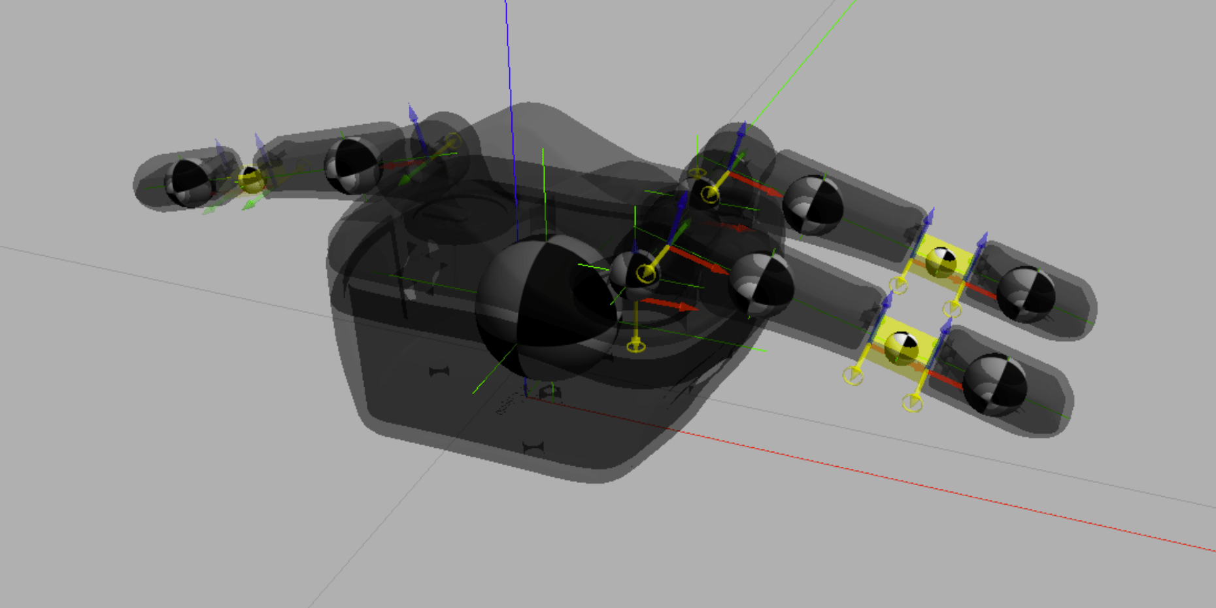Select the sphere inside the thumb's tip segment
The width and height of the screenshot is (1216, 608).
188,184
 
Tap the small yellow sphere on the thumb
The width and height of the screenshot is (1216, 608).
251,179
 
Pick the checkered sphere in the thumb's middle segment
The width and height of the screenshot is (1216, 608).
352,165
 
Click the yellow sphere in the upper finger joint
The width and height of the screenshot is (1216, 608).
941,261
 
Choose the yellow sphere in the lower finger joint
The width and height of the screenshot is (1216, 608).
902,347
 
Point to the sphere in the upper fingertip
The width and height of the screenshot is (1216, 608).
1025,294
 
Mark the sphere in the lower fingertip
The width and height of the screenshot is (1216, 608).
994,384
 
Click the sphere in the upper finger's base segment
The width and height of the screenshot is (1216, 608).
813,205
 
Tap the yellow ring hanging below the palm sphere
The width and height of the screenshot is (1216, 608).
635,346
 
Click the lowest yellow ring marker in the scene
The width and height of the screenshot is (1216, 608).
912,403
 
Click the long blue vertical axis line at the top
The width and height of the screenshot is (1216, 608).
509,65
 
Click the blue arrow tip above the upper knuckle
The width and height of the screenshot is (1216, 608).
741,131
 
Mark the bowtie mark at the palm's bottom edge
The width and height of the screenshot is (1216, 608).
533,448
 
